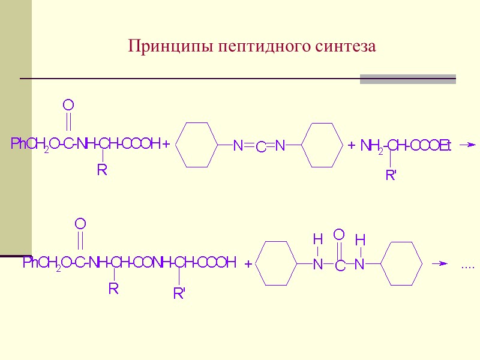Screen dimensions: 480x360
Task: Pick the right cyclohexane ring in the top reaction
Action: coord(324,145)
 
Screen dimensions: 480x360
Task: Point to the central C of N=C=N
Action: coord(261,146)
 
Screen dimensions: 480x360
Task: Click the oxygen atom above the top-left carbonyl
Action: coord(68,106)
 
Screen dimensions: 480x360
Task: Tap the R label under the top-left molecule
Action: coord(102,171)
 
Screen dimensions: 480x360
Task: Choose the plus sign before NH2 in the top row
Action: coord(352,145)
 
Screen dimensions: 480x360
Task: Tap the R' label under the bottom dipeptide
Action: coord(179,294)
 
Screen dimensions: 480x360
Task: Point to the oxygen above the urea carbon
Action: coord(339,234)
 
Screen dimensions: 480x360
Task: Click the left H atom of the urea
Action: coord(318,240)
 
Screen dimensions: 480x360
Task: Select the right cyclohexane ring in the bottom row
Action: coord(402,263)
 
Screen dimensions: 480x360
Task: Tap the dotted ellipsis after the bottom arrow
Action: coord(467,266)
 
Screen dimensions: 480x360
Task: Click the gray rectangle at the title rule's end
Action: coord(407,79)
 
